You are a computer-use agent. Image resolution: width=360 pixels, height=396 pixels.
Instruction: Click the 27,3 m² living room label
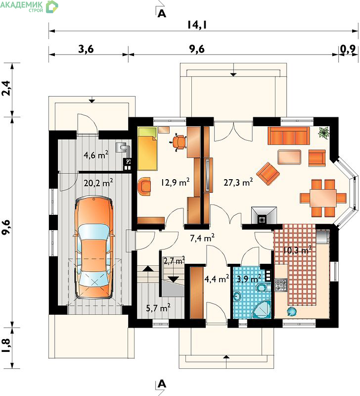tap(238, 182)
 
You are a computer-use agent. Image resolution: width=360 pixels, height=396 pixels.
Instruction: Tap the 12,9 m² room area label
tap(176, 182)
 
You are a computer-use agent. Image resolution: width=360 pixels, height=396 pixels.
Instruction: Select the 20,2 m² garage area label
tap(98, 183)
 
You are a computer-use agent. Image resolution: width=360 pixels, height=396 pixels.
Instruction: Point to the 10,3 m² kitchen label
tap(297, 250)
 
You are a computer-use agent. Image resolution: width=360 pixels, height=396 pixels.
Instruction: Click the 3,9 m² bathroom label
tap(249, 279)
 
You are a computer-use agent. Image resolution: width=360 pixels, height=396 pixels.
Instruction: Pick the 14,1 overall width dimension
tap(197, 25)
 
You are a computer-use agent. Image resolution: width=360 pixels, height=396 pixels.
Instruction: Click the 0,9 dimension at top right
tap(348, 49)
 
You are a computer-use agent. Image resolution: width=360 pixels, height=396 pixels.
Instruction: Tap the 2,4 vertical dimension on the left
tap(7, 88)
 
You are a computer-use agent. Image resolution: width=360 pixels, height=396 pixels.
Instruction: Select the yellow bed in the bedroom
tap(147, 148)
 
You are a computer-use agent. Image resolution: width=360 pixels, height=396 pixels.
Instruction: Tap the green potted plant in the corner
tap(323, 132)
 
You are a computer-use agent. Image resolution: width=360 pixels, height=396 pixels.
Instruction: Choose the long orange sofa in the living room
tap(289, 136)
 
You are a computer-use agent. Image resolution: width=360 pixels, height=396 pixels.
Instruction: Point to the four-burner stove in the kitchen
tap(281, 285)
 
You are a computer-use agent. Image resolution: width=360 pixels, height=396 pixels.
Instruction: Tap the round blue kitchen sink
tap(291, 312)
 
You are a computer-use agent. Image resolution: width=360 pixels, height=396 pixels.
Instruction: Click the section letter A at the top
tap(162, 13)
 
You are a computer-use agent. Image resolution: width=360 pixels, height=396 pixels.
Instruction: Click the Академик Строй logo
tap(29, 6)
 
